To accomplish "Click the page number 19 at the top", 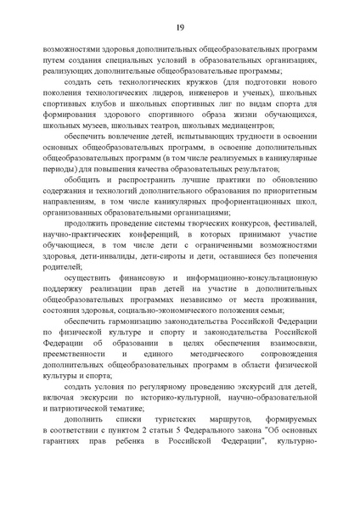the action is click(180, 28).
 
